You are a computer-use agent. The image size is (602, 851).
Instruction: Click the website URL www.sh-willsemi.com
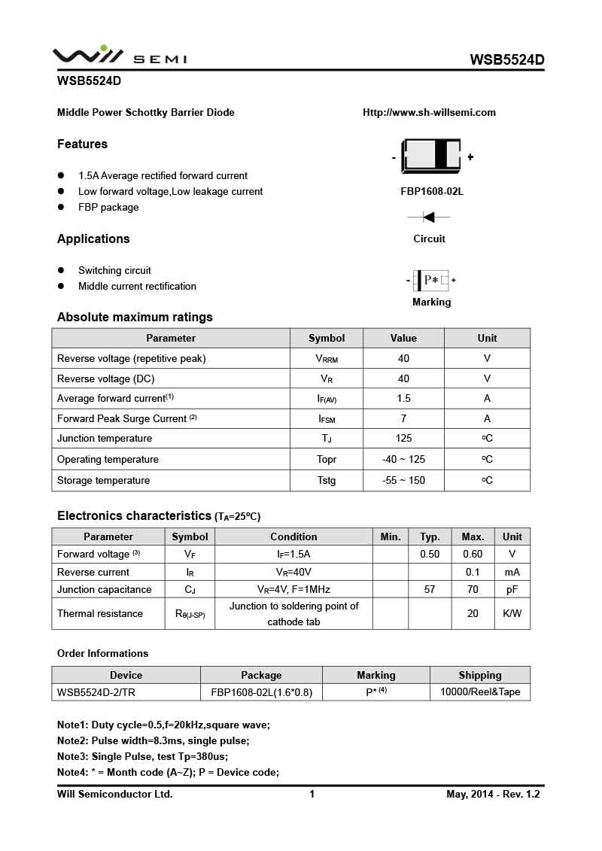429,113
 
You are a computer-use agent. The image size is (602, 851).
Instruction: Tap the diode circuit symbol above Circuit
429,217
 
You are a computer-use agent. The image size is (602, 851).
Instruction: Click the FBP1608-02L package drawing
431,156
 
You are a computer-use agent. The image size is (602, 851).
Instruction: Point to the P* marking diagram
431,281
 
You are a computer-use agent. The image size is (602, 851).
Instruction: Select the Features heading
82,144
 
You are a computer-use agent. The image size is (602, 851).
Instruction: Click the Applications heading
93,239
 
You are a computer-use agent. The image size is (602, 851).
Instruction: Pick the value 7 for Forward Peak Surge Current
403,418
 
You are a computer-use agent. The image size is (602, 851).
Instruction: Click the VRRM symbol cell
327,359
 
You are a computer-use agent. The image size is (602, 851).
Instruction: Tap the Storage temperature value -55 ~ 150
403,480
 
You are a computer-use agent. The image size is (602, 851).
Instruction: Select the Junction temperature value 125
403,438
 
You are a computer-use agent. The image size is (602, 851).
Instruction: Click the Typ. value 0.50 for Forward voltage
430,555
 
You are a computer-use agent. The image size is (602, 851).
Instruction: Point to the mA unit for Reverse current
512,572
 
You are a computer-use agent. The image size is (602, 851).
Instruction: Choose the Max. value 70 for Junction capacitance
473,589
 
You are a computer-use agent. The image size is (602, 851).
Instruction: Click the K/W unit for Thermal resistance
512,613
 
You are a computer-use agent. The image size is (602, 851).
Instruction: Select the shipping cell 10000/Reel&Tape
479,691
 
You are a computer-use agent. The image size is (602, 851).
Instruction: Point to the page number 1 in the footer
312,794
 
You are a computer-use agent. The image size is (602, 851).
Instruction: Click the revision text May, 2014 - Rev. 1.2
493,794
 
